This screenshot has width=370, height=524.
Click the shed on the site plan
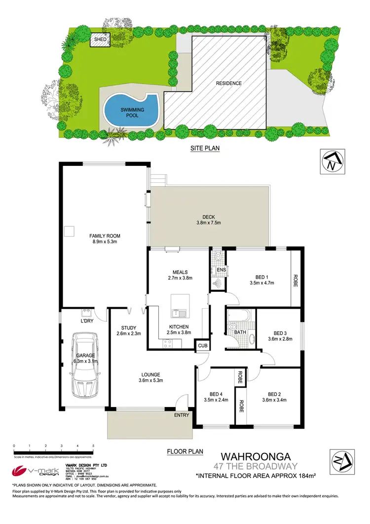click(x=100, y=39)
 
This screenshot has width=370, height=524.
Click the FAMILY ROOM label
click(x=105, y=236)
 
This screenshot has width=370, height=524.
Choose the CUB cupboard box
click(x=202, y=346)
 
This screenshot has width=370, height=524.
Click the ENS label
click(x=222, y=270)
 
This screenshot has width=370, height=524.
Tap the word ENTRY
click(x=182, y=415)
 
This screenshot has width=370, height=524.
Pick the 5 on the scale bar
click(x=93, y=445)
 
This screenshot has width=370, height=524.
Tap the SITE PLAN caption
click(x=205, y=148)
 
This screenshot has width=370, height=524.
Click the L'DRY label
click(x=87, y=322)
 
